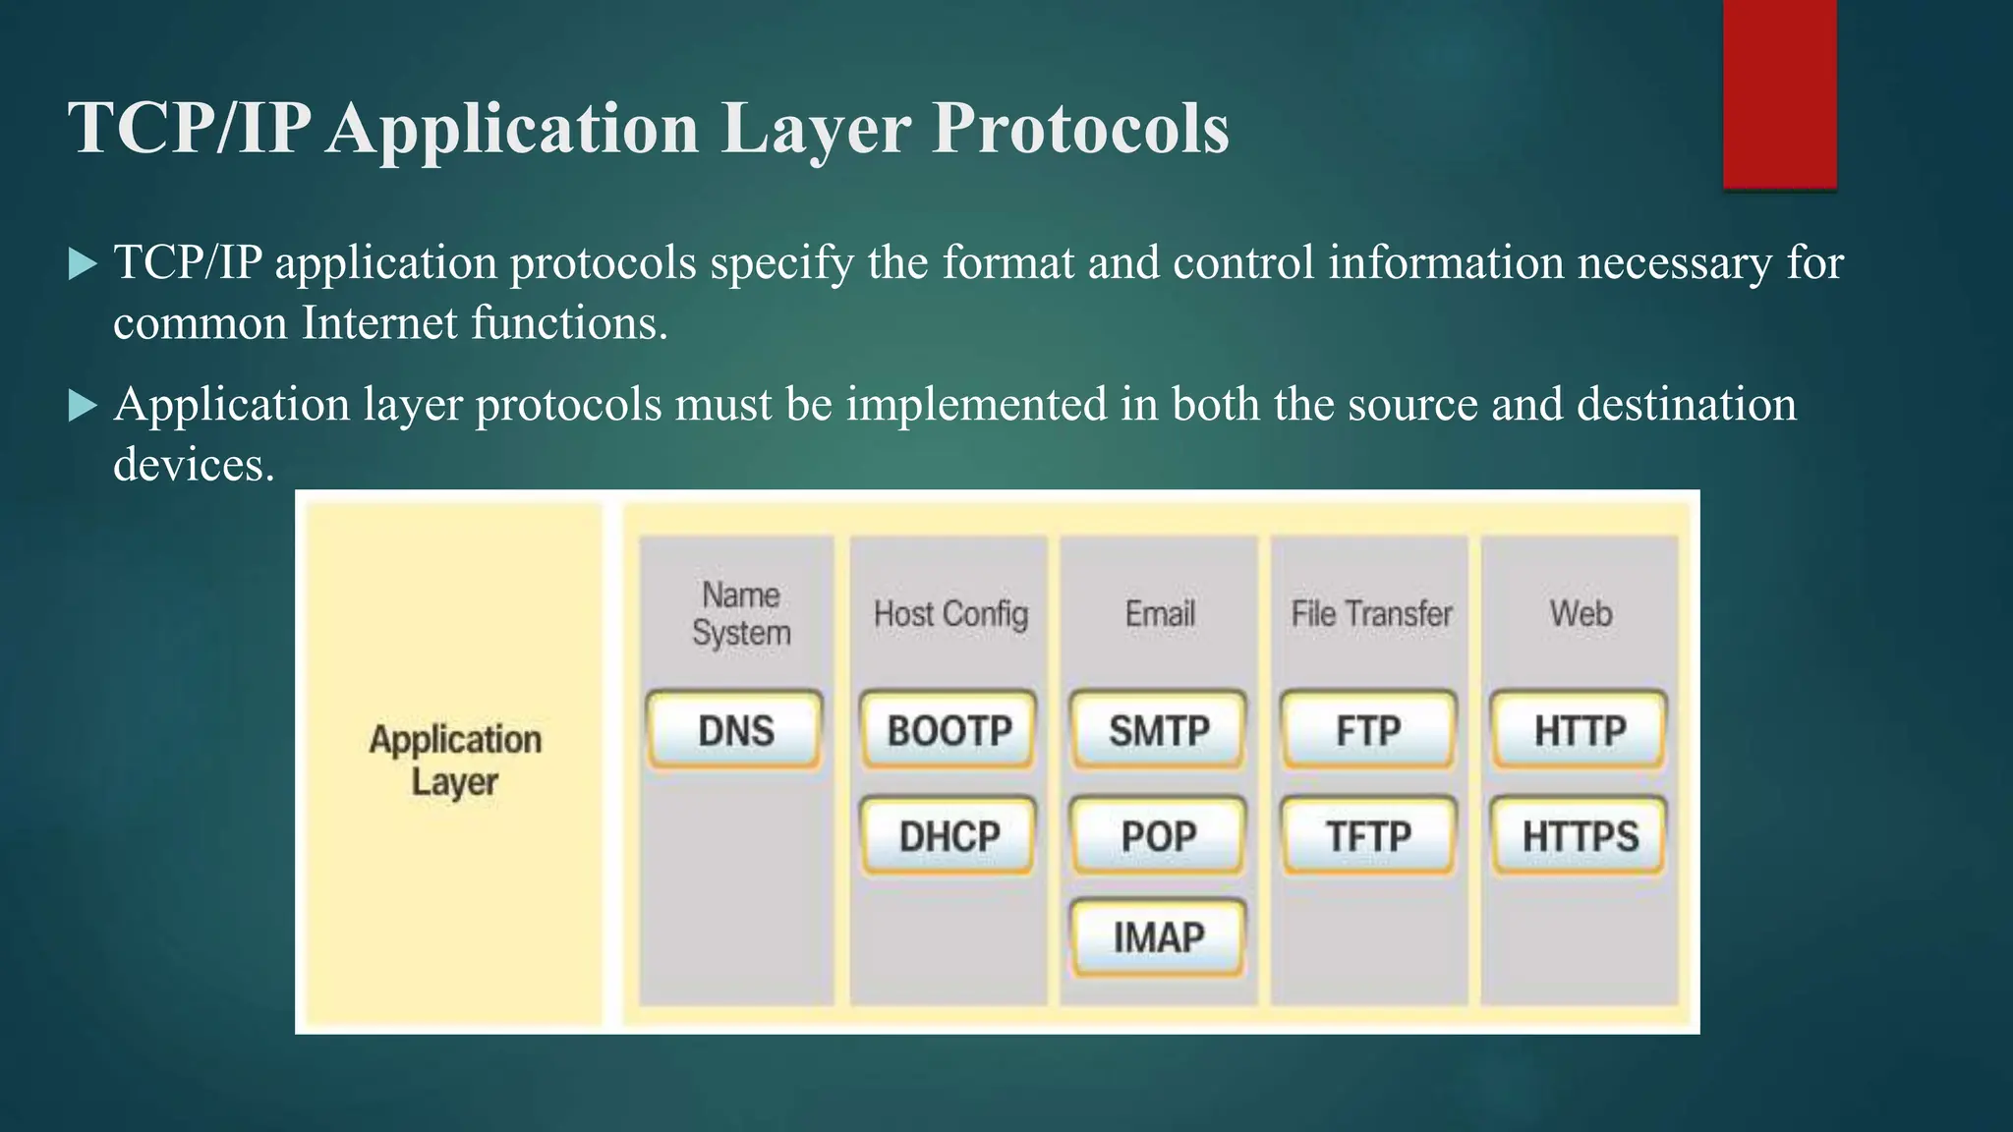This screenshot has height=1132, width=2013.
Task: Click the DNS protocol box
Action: pos(734,730)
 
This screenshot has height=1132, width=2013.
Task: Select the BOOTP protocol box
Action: pos(949,730)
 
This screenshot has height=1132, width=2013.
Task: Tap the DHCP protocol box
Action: pos(949,836)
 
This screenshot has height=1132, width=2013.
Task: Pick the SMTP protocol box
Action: pos(1159,730)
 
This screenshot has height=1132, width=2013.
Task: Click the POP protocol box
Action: pos(1159,836)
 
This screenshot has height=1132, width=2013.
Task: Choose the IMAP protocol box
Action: pos(1159,936)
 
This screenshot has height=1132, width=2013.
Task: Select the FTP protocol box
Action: pos(1368,730)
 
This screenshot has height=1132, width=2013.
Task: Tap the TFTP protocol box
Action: pos(1368,836)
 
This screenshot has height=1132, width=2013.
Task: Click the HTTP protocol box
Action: pos(1580,730)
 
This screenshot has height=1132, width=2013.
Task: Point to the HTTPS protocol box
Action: pos(1580,836)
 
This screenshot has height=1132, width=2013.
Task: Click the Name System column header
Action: pos(741,614)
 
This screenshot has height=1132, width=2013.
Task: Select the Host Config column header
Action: pos(950,614)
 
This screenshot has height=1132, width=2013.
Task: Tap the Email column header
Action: pos(1160,614)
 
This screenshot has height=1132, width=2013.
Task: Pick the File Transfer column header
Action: pos(1371,614)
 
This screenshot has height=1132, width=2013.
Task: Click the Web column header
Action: pos(1581,614)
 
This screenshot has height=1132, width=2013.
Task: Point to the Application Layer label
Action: pos(454,761)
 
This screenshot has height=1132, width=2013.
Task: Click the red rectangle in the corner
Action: pos(1779,93)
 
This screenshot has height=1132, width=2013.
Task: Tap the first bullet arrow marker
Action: pos(84,264)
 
